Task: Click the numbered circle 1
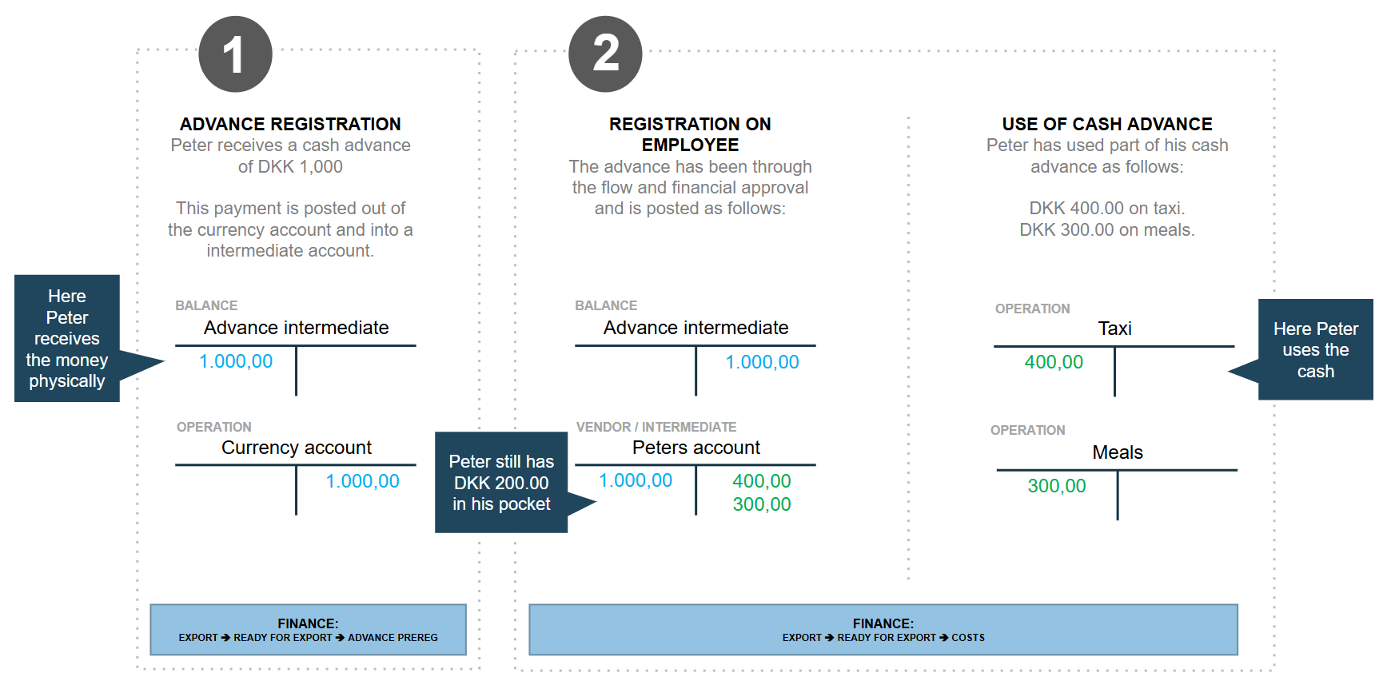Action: click(x=235, y=54)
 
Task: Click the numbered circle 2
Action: click(x=605, y=54)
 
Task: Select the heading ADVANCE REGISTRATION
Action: click(x=290, y=124)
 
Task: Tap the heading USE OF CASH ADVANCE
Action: click(x=1107, y=124)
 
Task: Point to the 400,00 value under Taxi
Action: click(x=1054, y=362)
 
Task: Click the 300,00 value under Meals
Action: click(x=1057, y=486)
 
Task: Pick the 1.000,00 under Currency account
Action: click(x=362, y=481)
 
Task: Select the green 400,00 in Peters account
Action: click(x=762, y=481)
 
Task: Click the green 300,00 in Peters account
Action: click(x=762, y=504)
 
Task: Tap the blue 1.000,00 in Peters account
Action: click(x=636, y=480)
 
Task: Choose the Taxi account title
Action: click(x=1114, y=329)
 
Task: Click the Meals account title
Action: click(x=1118, y=452)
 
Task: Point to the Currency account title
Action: click(x=297, y=448)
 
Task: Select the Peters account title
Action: click(x=696, y=448)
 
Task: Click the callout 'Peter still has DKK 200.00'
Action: click(x=501, y=483)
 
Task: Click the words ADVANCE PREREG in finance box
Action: click(x=393, y=638)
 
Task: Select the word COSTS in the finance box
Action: click(x=968, y=638)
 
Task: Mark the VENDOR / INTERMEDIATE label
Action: click(x=656, y=427)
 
